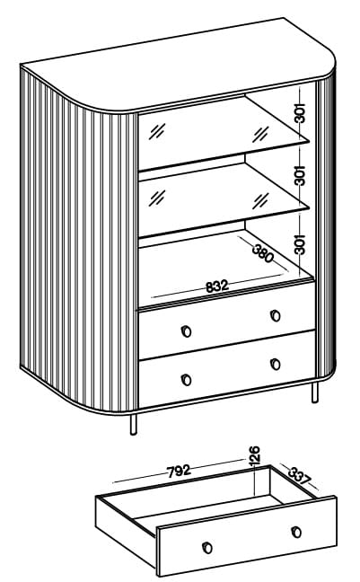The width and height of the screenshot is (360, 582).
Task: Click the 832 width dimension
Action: click(x=216, y=287)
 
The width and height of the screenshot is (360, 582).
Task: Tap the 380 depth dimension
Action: click(x=263, y=253)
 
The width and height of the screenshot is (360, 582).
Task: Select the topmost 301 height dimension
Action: click(x=300, y=113)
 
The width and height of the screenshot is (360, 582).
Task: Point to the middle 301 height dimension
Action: click(x=300, y=175)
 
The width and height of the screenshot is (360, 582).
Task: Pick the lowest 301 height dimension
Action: click(x=300, y=244)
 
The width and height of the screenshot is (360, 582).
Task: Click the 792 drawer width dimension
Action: click(x=179, y=471)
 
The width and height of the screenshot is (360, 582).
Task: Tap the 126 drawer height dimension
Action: click(x=254, y=455)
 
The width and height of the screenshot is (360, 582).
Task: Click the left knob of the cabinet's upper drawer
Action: click(x=187, y=331)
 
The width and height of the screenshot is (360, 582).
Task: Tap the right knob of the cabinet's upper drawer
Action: click(x=276, y=315)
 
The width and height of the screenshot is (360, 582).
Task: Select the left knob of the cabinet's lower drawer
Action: click(x=187, y=380)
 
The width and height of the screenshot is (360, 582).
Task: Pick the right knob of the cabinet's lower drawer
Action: click(x=276, y=364)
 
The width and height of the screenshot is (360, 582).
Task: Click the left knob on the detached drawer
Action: click(x=207, y=548)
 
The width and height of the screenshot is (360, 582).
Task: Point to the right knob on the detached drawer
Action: click(x=296, y=532)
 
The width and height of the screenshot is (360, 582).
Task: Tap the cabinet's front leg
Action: click(x=133, y=424)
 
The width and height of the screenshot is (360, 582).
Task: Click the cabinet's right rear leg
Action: click(x=315, y=392)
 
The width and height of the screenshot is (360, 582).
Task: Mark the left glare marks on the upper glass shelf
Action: click(x=157, y=131)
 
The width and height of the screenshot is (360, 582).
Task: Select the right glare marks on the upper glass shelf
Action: click(x=260, y=134)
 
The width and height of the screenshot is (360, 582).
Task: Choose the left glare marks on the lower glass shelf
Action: click(x=156, y=198)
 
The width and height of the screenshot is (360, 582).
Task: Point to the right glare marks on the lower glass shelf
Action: click(x=260, y=200)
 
